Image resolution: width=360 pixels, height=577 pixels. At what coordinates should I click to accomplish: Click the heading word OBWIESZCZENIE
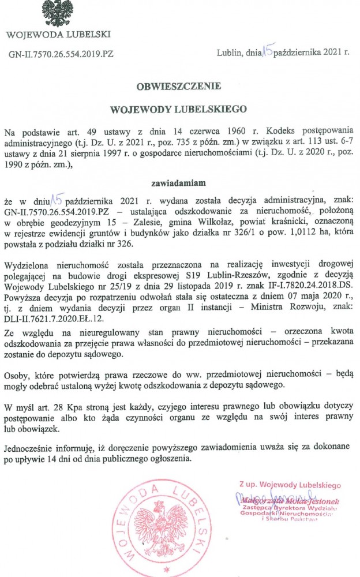(x=179, y=86)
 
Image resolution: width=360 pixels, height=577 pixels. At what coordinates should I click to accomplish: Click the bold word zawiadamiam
(x=179, y=184)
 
